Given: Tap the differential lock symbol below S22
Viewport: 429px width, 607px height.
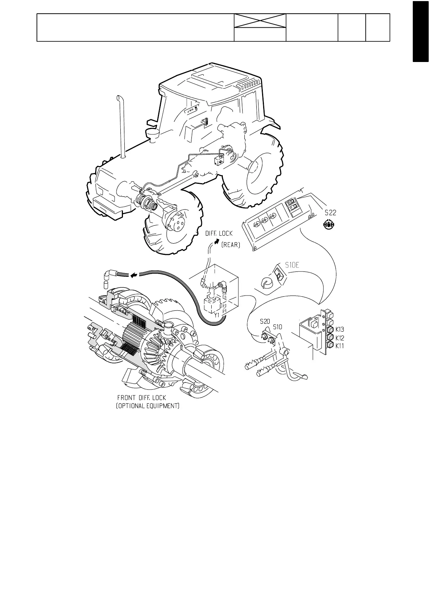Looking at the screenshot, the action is (328, 225).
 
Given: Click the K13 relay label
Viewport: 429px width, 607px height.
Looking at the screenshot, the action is (340, 329).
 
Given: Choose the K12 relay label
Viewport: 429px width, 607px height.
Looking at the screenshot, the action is (340, 338).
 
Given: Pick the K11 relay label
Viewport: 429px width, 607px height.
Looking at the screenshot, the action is (340, 346).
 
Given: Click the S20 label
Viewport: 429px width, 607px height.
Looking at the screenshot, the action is (265, 321).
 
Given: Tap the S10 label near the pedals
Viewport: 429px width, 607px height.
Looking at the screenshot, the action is (278, 327).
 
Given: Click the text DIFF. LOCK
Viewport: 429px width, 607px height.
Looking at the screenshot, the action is (219, 234).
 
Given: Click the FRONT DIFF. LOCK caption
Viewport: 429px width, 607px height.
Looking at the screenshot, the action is (142, 398).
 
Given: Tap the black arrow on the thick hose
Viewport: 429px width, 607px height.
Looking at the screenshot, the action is (134, 276).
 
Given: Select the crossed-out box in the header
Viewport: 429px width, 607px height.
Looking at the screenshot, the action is (260, 21).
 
